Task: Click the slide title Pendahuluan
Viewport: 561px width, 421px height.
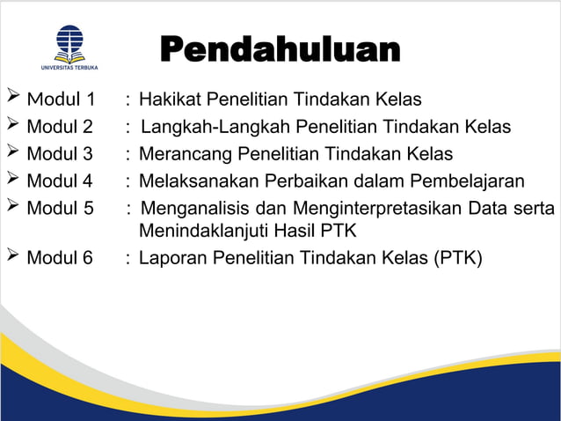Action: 280,49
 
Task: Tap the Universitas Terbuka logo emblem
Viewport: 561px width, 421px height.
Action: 69,42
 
